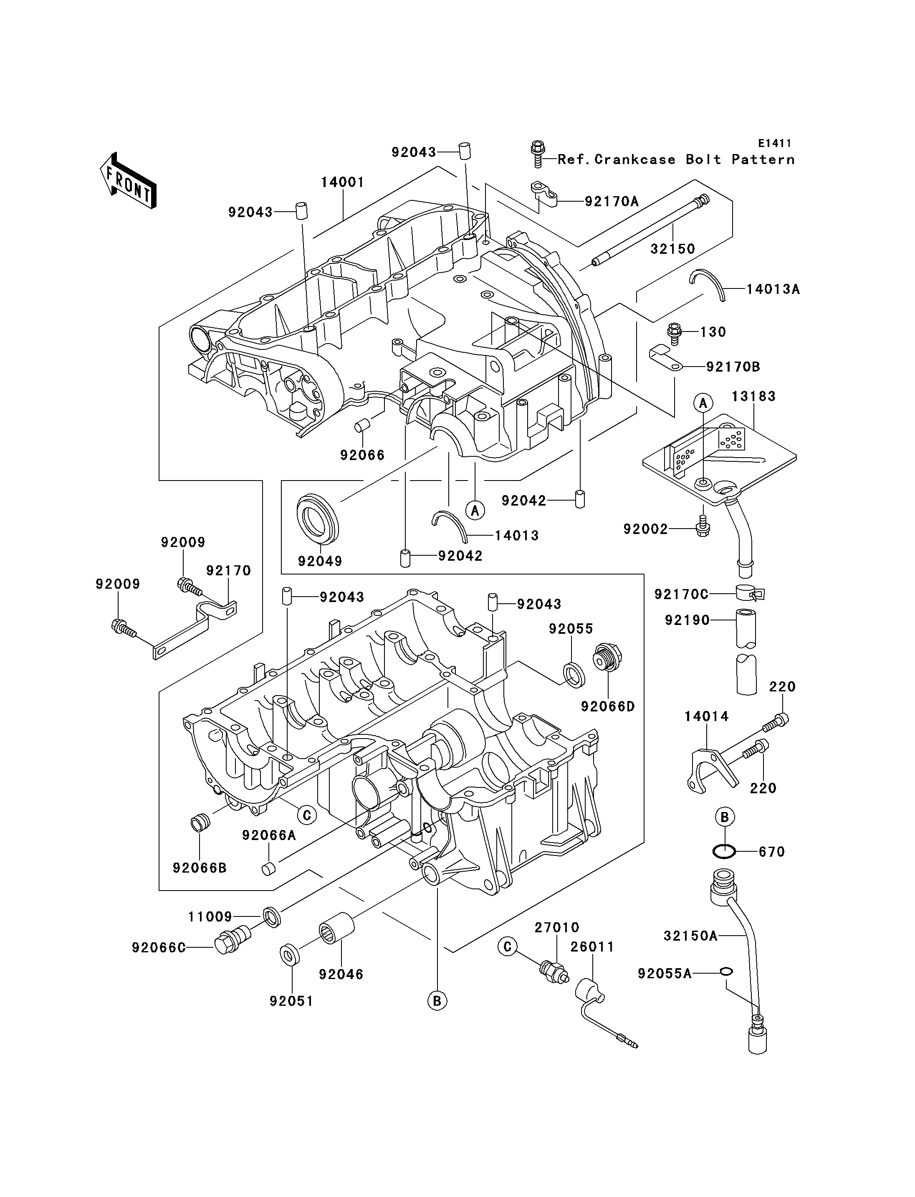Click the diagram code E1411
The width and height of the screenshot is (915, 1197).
pos(774,143)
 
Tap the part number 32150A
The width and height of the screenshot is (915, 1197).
pos(690,936)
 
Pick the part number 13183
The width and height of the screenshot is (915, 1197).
pos(754,396)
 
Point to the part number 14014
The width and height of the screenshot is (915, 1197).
pos(707,716)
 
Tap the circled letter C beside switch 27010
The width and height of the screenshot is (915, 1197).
pos(508,947)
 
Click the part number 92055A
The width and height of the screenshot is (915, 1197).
pos(665,973)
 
